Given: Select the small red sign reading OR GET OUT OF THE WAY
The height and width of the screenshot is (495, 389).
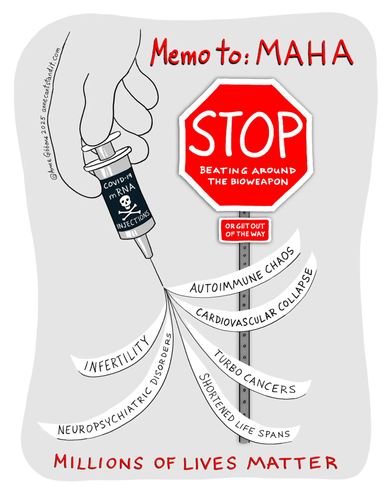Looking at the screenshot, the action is coord(245,230).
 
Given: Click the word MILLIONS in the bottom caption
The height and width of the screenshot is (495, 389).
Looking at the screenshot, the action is coord(98,462).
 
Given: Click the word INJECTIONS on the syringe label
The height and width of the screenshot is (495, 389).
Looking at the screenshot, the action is coord(133,220).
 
